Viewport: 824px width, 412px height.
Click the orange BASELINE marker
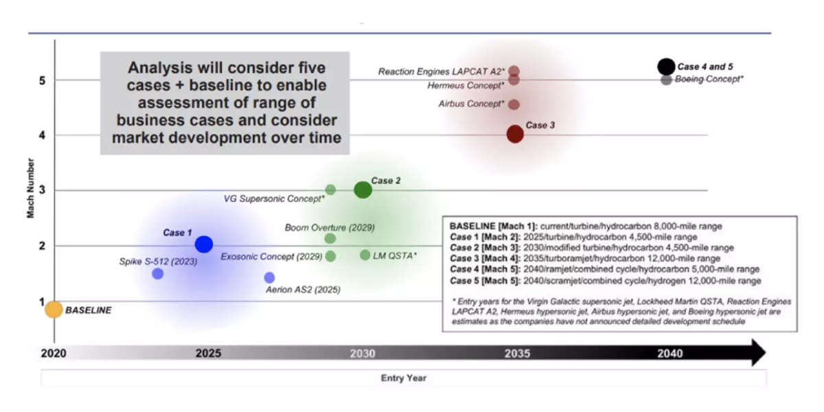point(54,310)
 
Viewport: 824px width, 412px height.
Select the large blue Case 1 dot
point(204,244)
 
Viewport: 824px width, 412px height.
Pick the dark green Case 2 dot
point(363,190)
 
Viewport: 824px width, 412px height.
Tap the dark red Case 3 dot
point(515,134)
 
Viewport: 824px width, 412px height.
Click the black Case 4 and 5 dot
point(666,67)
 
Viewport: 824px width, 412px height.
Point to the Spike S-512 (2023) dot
point(158,274)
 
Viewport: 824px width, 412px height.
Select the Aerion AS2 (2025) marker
point(269,277)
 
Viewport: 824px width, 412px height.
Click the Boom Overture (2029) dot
point(330,238)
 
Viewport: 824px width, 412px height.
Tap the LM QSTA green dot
point(365,255)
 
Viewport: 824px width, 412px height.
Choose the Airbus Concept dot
point(514,104)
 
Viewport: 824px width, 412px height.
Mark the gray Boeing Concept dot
point(666,80)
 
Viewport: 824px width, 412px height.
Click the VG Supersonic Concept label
point(274,198)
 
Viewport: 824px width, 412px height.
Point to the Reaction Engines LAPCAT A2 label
point(442,71)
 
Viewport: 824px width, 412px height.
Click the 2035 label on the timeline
point(517,354)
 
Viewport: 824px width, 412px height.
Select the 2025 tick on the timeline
point(208,353)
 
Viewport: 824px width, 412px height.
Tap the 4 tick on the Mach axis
point(43,135)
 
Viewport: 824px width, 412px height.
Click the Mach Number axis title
point(30,188)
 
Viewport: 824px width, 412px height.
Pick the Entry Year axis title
point(404,378)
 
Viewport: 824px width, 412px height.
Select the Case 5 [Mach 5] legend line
point(606,281)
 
